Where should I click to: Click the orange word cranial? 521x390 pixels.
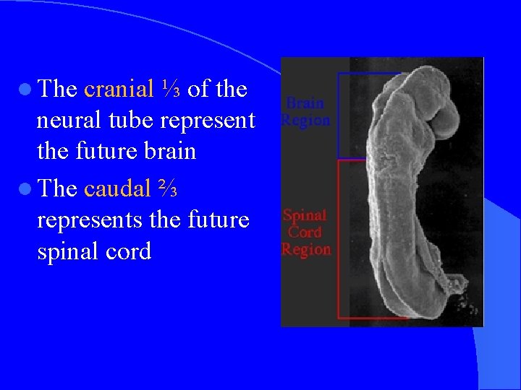coord(119,89)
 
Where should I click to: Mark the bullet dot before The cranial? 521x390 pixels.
coord(27,90)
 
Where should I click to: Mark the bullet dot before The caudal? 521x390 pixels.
coord(27,188)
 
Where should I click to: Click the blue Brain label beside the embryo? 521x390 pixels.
coord(305,103)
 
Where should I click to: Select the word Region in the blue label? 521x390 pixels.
coord(305,120)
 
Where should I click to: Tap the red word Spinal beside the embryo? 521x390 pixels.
coord(305,215)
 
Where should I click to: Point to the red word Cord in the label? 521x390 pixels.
coord(305,232)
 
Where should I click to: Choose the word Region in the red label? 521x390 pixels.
coord(305,249)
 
